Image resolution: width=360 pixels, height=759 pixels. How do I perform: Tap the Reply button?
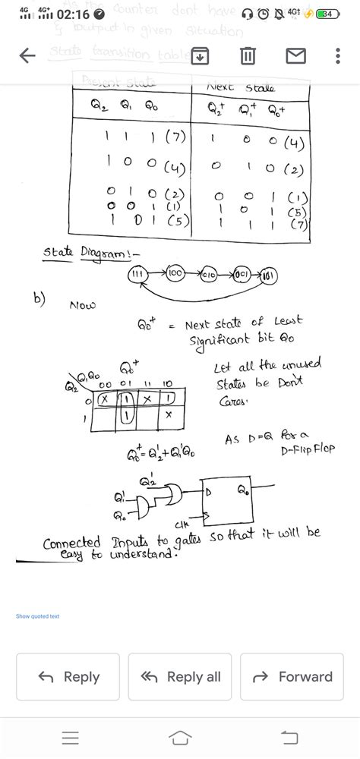[68, 676]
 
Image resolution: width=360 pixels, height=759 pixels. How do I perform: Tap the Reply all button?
[180, 676]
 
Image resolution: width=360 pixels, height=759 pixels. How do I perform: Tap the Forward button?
[292, 676]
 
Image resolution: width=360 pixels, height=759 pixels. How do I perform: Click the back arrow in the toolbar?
[27, 55]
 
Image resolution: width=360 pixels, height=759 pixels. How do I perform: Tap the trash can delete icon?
[248, 55]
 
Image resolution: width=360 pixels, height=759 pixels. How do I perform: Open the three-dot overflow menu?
[338, 55]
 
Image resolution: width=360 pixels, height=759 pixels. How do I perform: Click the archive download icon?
[201, 55]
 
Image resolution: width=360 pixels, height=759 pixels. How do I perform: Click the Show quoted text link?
[37, 616]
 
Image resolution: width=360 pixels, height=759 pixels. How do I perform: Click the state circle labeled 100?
[173, 272]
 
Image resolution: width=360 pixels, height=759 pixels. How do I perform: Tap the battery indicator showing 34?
[327, 14]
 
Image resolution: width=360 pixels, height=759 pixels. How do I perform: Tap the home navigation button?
[180, 737]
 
